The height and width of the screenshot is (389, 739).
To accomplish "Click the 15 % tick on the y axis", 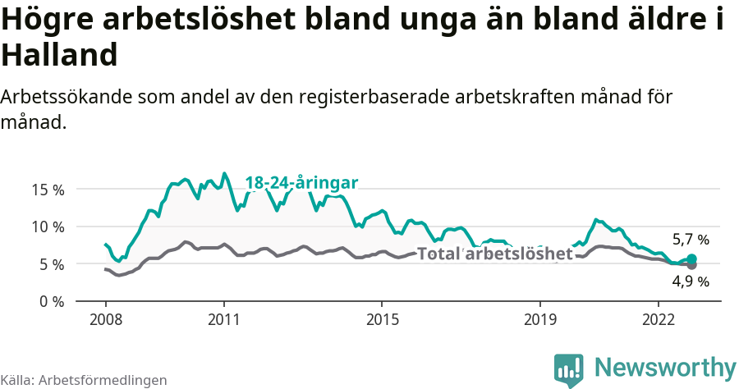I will coord(48,189).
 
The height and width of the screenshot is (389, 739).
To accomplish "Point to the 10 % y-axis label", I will coord(48,227).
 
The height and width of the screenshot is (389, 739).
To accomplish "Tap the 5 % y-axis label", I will coord(51,264).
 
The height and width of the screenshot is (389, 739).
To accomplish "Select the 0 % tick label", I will coord(51,301).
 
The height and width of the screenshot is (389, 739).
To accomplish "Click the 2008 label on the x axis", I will coord(106,318).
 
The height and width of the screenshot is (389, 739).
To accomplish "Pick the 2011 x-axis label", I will coord(224,318).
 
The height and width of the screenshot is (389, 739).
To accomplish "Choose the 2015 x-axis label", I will coord(382,318).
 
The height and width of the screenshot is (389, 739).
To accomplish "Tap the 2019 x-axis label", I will coord(540,318).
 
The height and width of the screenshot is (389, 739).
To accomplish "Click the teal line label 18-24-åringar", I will coord(301,183).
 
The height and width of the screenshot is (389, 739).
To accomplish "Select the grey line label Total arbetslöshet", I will coord(494,254).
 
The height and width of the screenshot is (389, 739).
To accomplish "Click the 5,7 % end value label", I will coord(691,240).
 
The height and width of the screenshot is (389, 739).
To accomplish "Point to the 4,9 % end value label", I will coord(691,281).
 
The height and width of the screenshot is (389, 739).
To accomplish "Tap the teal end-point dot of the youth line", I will coord(691,259).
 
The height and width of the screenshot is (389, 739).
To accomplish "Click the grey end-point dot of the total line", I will coord(691,265).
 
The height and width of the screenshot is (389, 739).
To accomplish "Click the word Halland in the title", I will coord(60,56).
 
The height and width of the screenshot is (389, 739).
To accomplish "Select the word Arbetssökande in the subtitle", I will coord(64,97).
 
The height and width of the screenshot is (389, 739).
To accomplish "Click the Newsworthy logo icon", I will coord(569,369).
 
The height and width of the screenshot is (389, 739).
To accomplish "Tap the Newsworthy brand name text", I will coord(665,367).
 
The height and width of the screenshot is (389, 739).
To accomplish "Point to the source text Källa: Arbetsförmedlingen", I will coord(84,380).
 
